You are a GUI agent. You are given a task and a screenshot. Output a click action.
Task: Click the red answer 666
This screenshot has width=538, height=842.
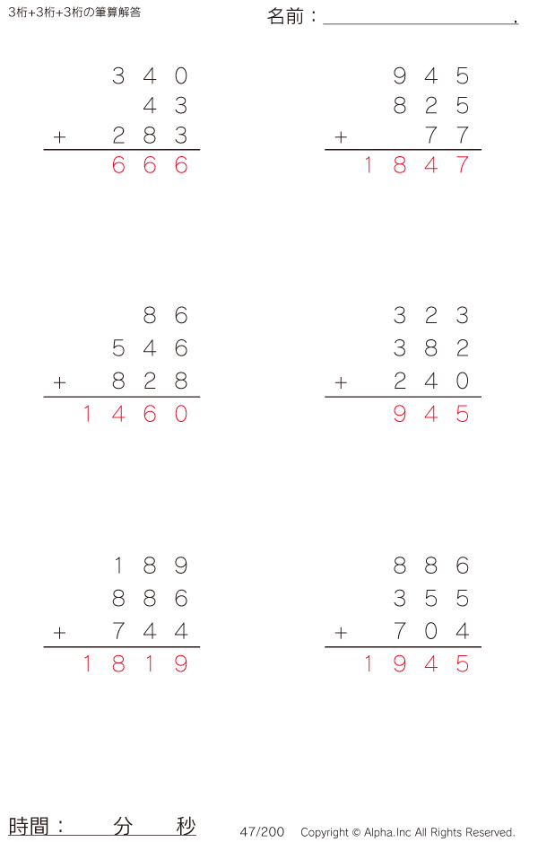pyautogui.click(x=150, y=165)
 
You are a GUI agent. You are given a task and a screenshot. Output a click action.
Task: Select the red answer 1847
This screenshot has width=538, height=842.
pyautogui.click(x=416, y=165)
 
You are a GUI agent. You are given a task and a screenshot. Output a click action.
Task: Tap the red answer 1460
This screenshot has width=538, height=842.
pyautogui.click(x=135, y=414)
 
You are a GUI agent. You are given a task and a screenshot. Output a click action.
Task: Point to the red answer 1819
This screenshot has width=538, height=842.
pyautogui.click(x=135, y=664)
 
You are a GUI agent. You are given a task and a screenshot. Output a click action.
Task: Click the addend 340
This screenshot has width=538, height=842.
pyautogui.click(x=150, y=75)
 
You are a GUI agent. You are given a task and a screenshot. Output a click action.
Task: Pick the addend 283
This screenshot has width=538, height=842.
pyautogui.click(x=150, y=136)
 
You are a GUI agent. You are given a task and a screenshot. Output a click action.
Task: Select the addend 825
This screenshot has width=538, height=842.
pyautogui.click(x=430, y=106)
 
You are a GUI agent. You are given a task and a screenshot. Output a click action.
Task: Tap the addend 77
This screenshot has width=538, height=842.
pyautogui.click(x=447, y=136)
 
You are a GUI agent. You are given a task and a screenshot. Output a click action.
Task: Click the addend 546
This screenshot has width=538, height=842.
pyautogui.click(x=150, y=348)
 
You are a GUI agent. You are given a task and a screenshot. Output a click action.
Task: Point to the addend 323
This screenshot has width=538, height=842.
pyautogui.click(x=430, y=315)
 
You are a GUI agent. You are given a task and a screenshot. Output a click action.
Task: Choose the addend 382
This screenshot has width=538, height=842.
pyautogui.click(x=430, y=348)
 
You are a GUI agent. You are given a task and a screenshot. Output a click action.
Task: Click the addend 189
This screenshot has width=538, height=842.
pyautogui.click(x=150, y=566)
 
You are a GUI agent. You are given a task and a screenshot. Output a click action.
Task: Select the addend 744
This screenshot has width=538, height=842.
pyautogui.click(x=150, y=631)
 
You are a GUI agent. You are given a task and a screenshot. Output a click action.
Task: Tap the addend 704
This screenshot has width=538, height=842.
pyautogui.click(x=430, y=631)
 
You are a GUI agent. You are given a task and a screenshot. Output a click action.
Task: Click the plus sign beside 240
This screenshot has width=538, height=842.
pyautogui.click(x=341, y=383)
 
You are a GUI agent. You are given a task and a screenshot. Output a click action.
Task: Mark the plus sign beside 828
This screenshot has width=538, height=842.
pyautogui.click(x=59, y=383)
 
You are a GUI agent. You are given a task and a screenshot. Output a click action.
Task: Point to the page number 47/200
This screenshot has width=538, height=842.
pyautogui.click(x=262, y=832)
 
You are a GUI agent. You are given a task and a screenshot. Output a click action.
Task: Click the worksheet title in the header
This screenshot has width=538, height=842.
pyautogui.click(x=74, y=13)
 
